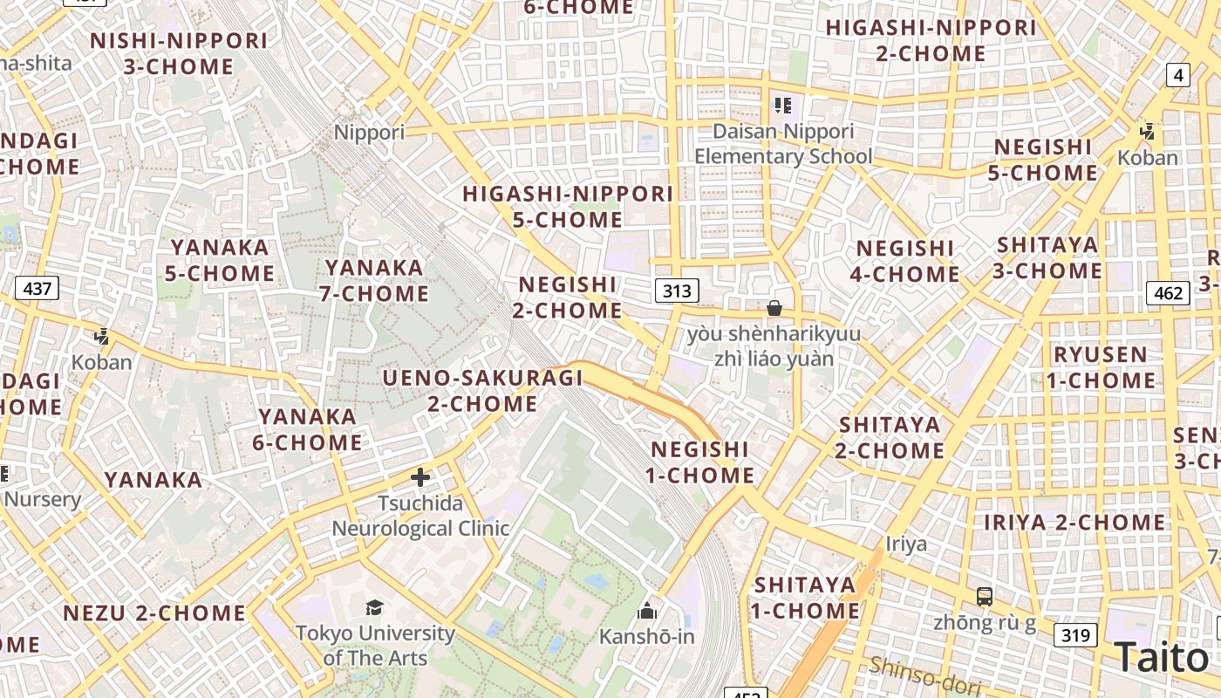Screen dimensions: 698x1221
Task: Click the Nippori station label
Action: pos(370,133)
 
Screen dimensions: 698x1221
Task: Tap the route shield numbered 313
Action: pos(677,291)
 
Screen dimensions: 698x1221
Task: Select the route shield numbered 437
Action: pos(37,287)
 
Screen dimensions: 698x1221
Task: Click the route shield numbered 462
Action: pos(1168,292)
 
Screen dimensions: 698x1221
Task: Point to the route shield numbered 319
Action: pos(1074,634)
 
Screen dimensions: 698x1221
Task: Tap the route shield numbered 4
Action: pos(1178,75)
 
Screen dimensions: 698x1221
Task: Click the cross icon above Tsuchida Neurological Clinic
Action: pos(420,477)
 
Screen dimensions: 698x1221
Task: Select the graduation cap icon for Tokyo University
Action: pos(374,607)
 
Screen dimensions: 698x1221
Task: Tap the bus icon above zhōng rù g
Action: pos(984,597)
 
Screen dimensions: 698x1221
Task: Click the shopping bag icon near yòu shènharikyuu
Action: pos(774,308)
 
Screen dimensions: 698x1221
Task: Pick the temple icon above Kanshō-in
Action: pos(646,610)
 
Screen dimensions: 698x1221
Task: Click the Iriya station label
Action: pos(906,544)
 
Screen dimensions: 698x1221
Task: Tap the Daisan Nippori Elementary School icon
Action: pos(782,106)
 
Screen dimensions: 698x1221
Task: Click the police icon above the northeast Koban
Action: pos(1147,132)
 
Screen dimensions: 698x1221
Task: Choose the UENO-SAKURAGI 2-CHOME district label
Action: pos(482,391)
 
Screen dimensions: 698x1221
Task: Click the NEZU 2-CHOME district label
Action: pos(154,612)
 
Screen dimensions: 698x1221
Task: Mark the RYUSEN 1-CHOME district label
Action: pos(1101,367)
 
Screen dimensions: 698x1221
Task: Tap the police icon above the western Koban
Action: pos(102,336)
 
